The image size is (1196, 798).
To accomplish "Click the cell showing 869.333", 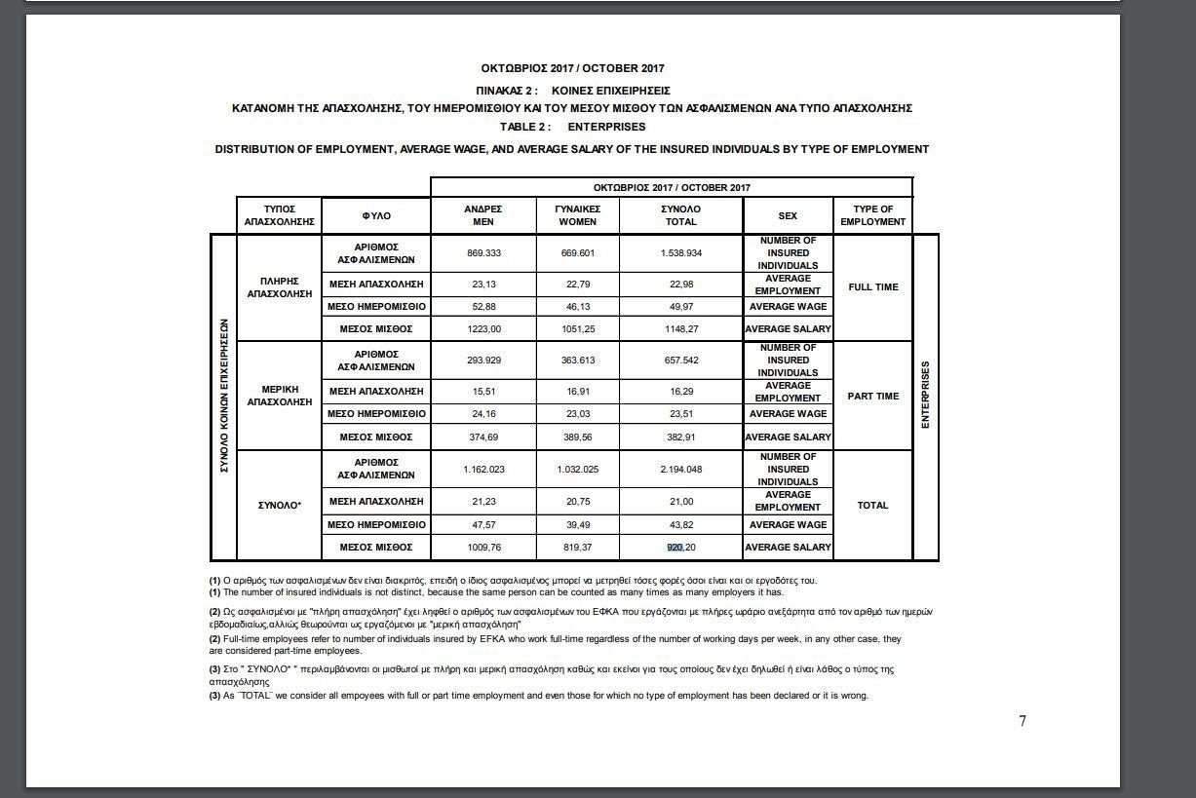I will [x=482, y=253].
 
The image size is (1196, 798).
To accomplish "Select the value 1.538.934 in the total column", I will [x=680, y=253].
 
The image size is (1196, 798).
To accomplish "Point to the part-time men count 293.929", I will [x=482, y=361].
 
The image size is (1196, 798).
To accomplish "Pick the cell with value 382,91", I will [x=680, y=437].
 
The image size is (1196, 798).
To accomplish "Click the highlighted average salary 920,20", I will [x=680, y=548].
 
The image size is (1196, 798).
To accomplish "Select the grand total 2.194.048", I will [x=680, y=470].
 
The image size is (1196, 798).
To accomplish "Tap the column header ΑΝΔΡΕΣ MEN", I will [x=482, y=215].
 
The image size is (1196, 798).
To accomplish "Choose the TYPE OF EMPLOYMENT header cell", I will [x=872, y=215].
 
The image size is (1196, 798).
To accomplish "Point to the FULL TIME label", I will [x=872, y=287].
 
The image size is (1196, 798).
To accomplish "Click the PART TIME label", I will [x=872, y=397].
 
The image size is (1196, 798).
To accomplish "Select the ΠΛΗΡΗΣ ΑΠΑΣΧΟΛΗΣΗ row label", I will [x=280, y=287].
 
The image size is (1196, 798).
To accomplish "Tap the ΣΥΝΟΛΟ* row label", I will [x=280, y=506].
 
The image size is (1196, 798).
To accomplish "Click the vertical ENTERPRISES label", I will [x=926, y=395].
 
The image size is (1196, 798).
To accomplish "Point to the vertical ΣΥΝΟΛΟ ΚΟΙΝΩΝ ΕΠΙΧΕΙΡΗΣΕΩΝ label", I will [x=224, y=397].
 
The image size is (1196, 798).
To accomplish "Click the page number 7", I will [x=1022, y=721].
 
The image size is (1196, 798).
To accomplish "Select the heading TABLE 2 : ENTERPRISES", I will [x=572, y=127].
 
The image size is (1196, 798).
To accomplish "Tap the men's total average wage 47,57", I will [x=482, y=525].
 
